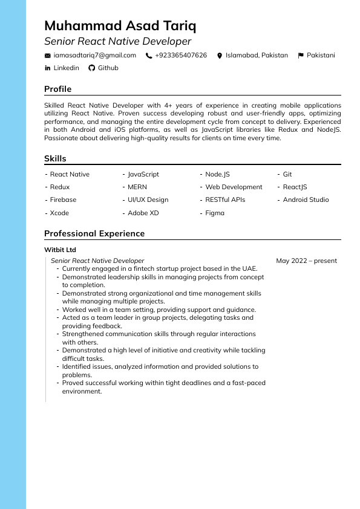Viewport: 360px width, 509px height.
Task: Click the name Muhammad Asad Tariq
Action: tap(120, 26)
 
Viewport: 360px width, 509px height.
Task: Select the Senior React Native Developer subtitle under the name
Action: tap(117, 42)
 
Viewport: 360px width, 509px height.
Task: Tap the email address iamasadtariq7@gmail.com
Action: tap(94, 56)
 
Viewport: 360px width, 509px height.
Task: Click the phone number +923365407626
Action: tap(180, 56)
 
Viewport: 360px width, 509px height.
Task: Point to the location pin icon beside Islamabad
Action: tap(220, 56)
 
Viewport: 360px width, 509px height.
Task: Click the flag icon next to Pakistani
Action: tap(301, 56)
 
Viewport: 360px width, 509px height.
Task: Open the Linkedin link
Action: tap(66, 68)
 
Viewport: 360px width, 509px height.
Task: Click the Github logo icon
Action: tap(92, 68)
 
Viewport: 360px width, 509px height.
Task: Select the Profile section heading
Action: tap(57, 89)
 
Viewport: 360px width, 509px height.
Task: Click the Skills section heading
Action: tap(55, 159)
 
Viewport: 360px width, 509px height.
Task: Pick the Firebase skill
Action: tap(63, 200)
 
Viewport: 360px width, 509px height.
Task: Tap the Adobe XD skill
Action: tap(143, 213)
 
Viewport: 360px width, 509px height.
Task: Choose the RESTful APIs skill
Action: tap(225, 200)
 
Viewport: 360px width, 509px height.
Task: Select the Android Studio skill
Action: tap(306, 200)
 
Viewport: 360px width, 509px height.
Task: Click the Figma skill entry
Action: tap(215, 213)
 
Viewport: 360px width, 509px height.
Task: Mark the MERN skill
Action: tap(137, 187)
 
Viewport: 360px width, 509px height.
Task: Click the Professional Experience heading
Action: tap(94, 234)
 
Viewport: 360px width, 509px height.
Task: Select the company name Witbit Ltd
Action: tap(60, 250)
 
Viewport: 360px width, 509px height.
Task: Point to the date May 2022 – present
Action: tap(306, 261)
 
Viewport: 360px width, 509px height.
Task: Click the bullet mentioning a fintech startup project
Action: tap(160, 269)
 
